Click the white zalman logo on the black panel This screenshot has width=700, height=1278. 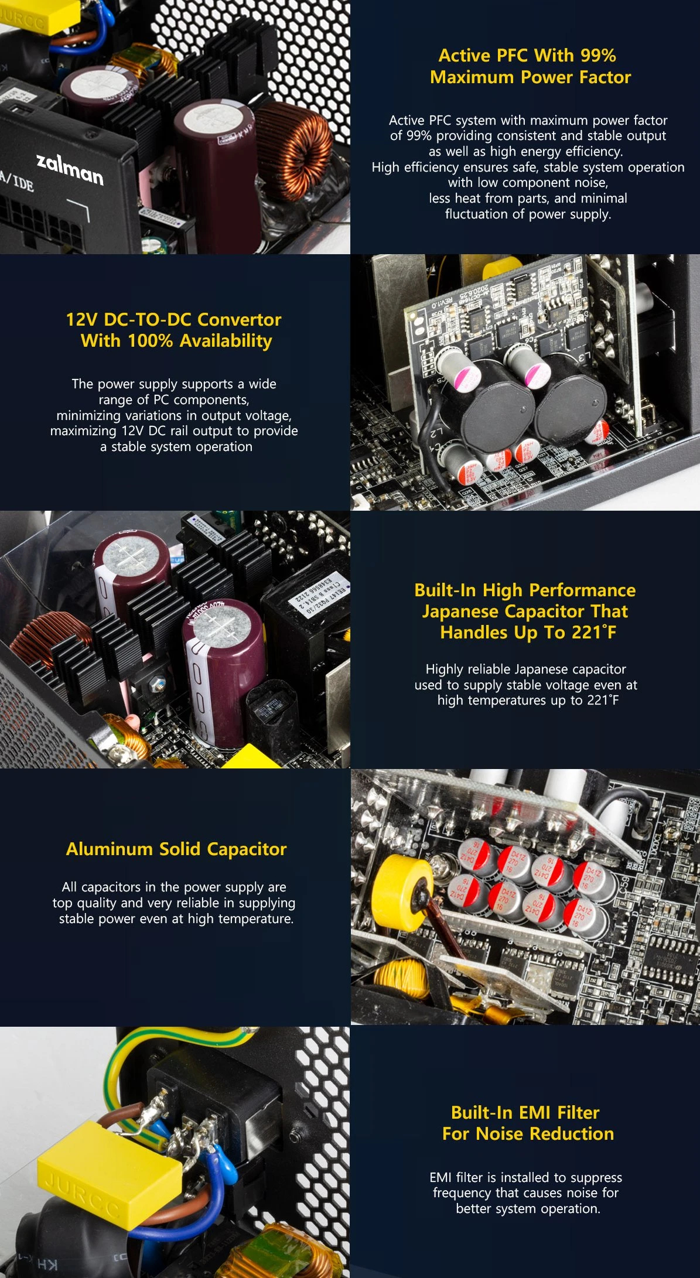(x=70, y=169)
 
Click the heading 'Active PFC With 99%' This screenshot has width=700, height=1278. (x=527, y=55)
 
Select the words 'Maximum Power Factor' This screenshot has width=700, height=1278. (x=530, y=77)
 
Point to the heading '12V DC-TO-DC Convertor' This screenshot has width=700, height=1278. (x=173, y=319)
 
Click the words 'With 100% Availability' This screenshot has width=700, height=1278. (x=176, y=341)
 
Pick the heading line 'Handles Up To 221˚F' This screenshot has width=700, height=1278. (x=528, y=633)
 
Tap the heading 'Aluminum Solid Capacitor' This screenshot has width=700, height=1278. (x=176, y=849)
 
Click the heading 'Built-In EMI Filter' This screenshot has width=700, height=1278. (x=525, y=1112)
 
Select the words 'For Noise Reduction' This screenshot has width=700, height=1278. (x=528, y=1133)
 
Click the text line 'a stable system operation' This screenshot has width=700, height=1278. (x=176, y=446)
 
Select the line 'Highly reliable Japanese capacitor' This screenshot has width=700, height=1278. (x=526, y=669)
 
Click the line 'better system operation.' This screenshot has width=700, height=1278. (x=528, y=1208)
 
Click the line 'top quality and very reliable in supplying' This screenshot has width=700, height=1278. (x=174, y=903)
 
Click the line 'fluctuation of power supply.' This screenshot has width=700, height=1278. (x=528, y=214)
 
